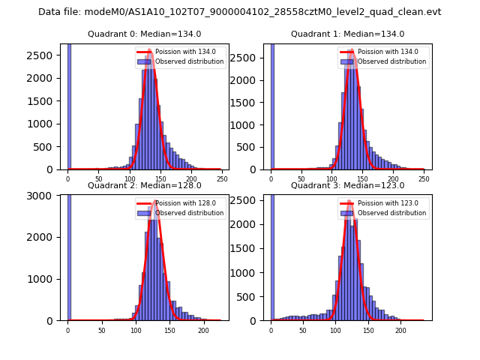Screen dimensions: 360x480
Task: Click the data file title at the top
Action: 239,12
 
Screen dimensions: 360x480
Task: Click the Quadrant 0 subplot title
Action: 144,34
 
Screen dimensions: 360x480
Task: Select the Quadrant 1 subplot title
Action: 347,34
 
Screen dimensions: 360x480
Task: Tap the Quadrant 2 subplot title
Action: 144,185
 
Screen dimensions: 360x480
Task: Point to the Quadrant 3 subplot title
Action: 347,185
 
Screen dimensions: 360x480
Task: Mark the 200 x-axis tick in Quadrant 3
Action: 400,330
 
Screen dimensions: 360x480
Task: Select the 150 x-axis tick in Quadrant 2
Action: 169,330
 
